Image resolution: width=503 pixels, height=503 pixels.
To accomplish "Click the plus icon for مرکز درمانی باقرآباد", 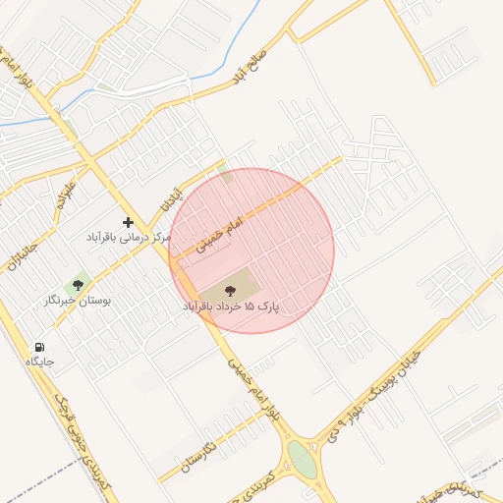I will (128, 223).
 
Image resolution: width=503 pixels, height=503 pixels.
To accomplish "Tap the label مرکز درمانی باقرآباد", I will (128, 239).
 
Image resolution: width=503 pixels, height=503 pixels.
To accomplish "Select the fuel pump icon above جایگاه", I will (39, 347).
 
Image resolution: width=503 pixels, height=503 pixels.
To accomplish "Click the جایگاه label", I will (40, 363).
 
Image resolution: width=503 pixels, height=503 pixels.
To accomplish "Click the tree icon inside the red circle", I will (231, 291).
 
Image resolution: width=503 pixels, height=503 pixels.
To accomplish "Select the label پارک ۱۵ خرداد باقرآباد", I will (231, 307).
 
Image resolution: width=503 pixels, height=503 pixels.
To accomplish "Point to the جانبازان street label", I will (22, 251).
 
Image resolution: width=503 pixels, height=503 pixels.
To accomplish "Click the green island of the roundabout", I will (303, 460).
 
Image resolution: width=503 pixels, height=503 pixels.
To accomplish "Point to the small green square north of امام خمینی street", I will (227, 177).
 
